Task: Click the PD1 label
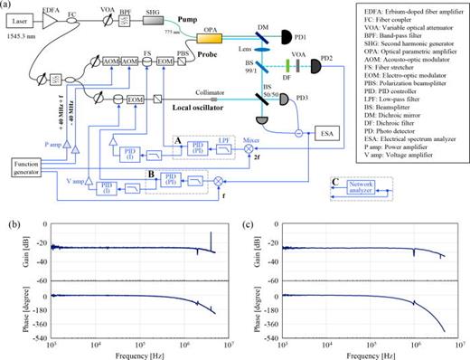point(272,39)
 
